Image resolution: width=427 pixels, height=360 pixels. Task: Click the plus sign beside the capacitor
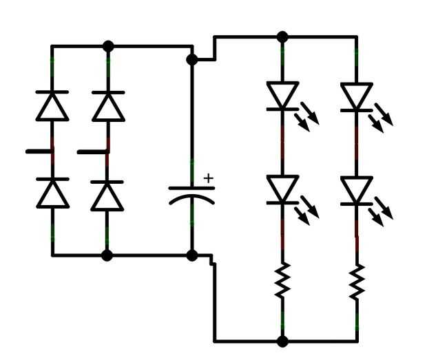click(x=208, y=178)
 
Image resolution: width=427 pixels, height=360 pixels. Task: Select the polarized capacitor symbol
click(x=192, y=193)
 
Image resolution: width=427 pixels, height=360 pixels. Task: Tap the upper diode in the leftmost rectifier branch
click(x=52, y=105)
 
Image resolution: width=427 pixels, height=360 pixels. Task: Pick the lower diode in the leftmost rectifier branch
click(x=52, y=193)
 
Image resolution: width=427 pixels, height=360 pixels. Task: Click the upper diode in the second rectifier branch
click(x=107, y=105)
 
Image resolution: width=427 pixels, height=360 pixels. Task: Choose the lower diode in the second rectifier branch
click(x=107, y=195)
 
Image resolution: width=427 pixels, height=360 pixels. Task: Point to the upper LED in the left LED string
click(x=282, y=96)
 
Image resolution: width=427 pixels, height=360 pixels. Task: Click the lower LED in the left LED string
click(x=282, y=190)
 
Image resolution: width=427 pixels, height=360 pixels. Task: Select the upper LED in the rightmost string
click(x=356, y=96)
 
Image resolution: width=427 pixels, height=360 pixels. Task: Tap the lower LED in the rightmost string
click(x=356, y=190)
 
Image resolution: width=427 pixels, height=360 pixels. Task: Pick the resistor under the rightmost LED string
click(x=356, y=281)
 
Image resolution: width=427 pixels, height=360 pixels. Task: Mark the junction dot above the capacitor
click(x=192, y=60)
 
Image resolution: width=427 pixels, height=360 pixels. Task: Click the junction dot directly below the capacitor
click(x=192, y=255)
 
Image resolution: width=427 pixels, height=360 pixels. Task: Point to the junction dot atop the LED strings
click(x=282, y=36)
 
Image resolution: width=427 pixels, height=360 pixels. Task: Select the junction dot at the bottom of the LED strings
click(x=282, y=341)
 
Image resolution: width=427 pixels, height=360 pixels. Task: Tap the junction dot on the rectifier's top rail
click(x=107, y=46)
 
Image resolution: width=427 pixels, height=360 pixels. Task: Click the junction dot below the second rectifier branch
click(x=107, y=255)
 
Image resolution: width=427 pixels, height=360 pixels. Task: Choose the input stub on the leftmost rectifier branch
click(x=39, y=151)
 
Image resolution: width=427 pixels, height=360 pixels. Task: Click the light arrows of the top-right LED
click(x=383, y=114)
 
